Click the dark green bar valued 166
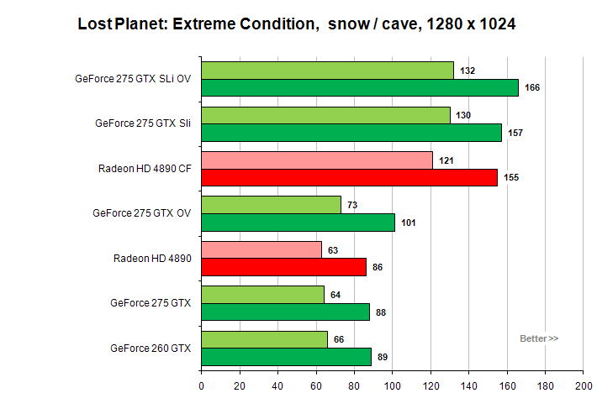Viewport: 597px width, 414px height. pos(360,87)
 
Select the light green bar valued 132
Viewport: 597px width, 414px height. pos(328,71)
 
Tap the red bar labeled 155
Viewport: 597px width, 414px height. pos(349,177)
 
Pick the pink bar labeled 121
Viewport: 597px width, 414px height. pos(317,160)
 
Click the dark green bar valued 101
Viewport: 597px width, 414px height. pos(298,223)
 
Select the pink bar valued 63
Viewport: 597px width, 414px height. pos(262,249)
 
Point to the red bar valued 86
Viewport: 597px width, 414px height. pos(283,267)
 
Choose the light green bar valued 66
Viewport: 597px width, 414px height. pos(264,338)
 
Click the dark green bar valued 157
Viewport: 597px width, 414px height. pos(351,132)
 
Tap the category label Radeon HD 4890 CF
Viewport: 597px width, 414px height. pos(145,168)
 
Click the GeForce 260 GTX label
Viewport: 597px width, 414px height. pos(151,348)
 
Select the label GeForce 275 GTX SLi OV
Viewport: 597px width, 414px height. pos(133,79)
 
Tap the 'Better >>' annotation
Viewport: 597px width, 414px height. pos(539,338)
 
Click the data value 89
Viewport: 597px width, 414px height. pos(383,358)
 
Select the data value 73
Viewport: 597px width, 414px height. pos(352,205)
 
